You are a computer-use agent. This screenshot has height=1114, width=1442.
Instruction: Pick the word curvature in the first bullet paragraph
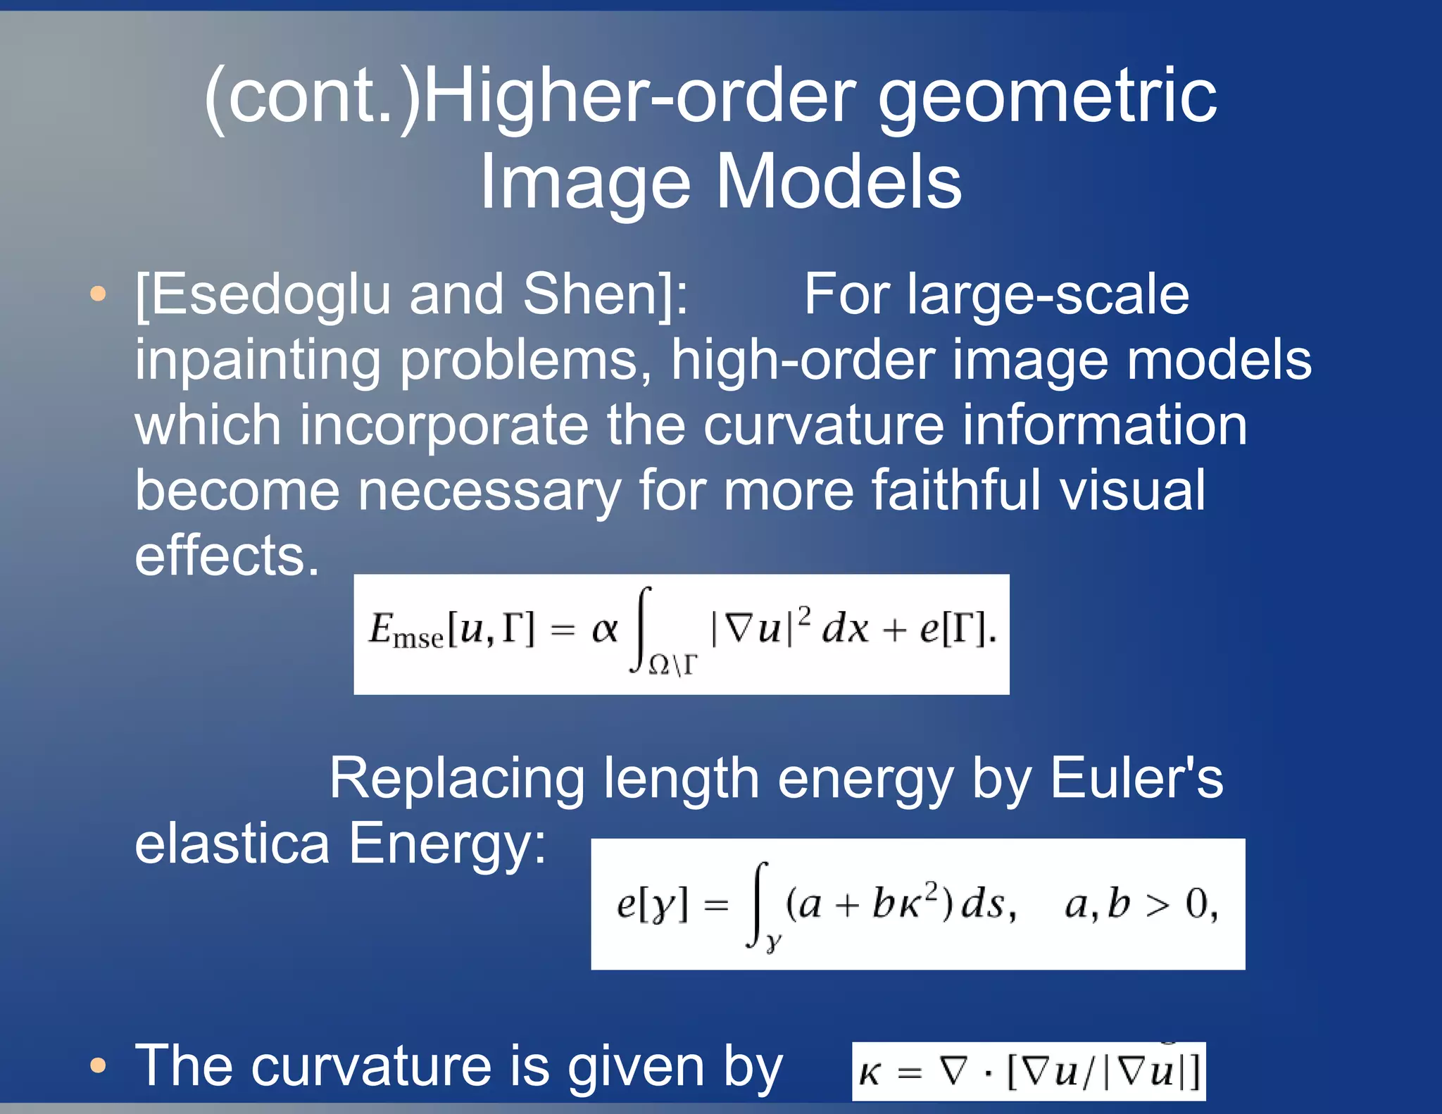pos(824,425)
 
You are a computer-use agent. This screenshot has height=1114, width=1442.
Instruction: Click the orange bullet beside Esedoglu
pos(99,293)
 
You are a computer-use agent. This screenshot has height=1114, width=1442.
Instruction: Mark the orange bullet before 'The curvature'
pos(99,1065)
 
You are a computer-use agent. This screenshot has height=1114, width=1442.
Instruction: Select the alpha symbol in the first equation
pos(604,629)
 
